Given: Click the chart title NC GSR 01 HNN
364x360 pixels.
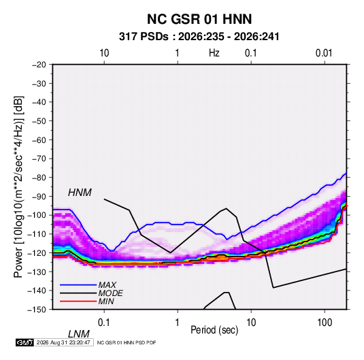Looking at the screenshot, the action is point(199,19).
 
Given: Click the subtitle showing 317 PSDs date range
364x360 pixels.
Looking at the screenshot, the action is point(199,37).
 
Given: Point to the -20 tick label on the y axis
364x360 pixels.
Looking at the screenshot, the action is point(39,65).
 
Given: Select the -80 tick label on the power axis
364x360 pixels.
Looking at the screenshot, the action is point(39,178).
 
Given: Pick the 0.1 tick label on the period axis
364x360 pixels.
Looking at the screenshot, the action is point(103,322).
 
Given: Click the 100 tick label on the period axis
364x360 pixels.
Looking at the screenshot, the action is point(325,322).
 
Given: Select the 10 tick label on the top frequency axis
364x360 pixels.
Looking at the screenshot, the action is point(104,53).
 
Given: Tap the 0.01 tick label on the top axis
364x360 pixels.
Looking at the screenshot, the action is point(324,53).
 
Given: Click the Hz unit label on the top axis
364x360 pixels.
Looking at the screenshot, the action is point(214,53).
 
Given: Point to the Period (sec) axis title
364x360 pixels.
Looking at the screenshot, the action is point(214,330).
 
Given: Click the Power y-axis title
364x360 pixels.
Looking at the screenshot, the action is point(18,186).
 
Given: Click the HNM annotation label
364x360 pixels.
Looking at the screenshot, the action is point(80,193).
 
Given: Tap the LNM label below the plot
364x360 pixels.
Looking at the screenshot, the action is point(78,334).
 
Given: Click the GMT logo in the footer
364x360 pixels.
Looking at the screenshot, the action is point(25,342).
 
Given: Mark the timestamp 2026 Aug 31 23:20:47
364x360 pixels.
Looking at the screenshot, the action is point(63,342).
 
